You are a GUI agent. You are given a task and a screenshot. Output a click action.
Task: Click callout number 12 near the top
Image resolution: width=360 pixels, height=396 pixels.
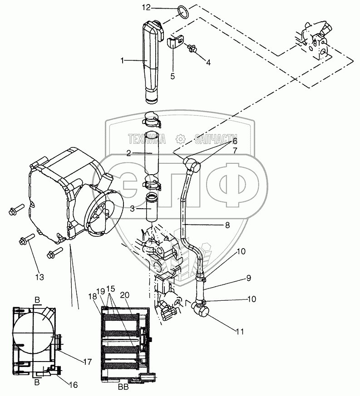point(146,8)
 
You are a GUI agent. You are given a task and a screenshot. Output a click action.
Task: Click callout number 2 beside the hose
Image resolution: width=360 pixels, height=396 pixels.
point(129,153)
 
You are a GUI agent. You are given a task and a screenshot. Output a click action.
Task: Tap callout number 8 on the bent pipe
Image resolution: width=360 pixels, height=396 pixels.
point(227,225)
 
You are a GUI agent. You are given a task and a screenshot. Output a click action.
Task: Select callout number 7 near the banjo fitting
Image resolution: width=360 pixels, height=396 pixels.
point(235,150)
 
